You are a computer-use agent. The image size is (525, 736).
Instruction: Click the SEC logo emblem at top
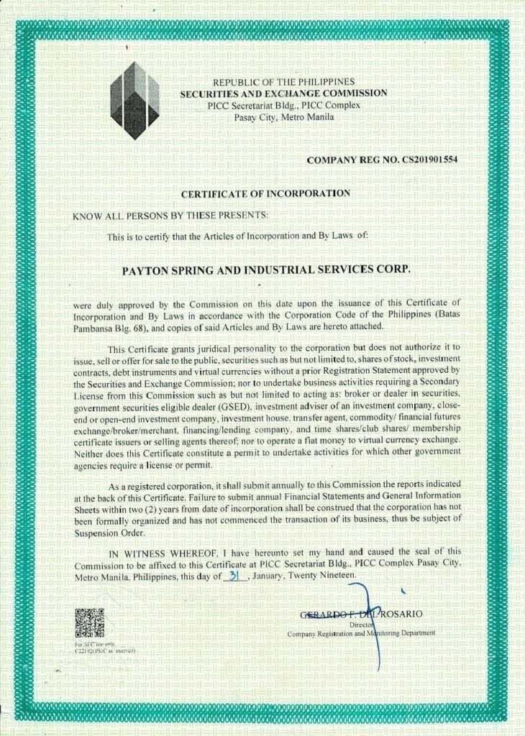point(136,100)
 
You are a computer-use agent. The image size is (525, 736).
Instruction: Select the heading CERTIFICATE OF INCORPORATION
point(265,193)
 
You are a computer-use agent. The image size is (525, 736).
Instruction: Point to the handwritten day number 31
point(232,576)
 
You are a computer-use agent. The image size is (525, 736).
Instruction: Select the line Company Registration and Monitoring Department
point(361,634)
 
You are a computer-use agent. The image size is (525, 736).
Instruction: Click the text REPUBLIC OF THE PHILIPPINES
point(283,83)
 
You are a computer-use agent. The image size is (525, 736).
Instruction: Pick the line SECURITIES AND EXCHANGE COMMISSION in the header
point(283,93)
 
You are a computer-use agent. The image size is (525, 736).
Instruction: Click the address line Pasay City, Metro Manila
point(283,116)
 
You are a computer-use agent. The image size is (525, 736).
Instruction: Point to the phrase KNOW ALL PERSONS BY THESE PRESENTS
point(170,215)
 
